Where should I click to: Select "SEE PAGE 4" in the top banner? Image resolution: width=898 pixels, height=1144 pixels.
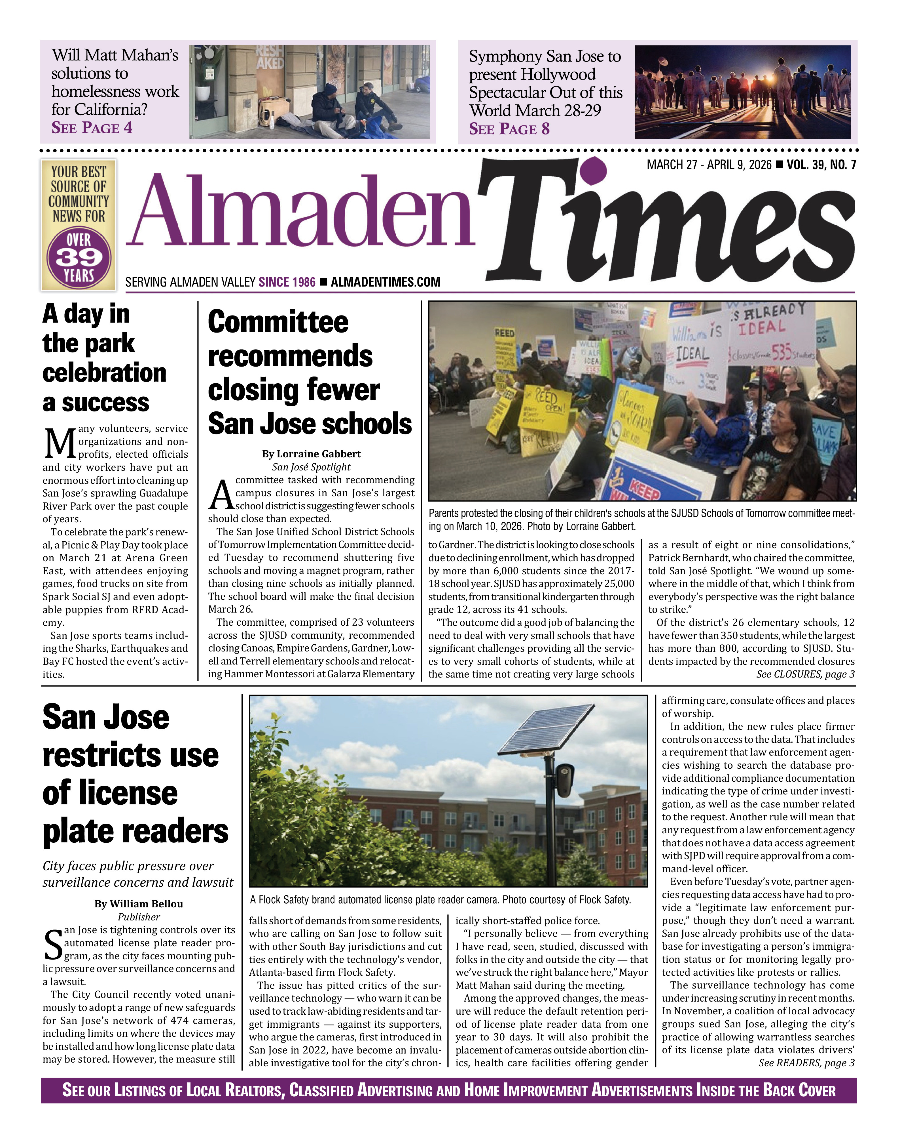point(92,128)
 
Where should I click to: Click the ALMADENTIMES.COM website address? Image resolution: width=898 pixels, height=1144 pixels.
point(386,282)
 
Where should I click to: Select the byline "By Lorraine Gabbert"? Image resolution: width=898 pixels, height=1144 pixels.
point(311,454)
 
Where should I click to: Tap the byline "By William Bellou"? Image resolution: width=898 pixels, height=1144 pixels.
point(139,903)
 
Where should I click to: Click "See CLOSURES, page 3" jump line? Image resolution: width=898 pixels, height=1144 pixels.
point(806,674)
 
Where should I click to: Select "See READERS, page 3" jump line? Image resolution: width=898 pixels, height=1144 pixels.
point(806,1063)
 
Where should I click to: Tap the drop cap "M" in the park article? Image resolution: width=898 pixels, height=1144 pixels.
point(60,443)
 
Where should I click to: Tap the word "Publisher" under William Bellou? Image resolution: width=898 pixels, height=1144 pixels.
point(139,917)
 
